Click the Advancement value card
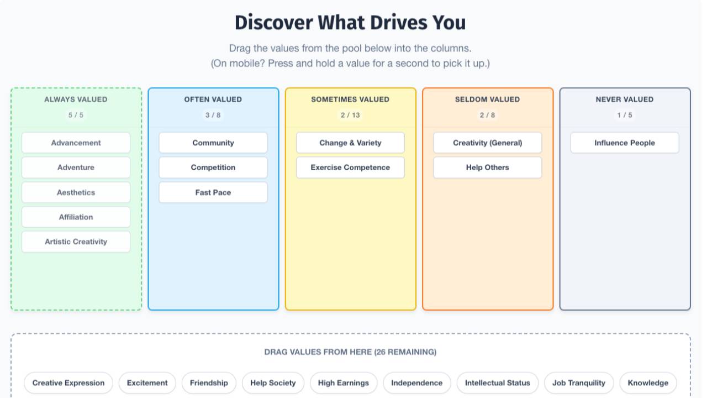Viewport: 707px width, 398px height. pos(76,143)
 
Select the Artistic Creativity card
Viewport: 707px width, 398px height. pos(76,242)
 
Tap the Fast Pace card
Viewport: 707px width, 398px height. pos(213,192)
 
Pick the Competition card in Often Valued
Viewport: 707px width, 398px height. pos(213,167)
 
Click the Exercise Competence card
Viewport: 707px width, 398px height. pos(350,167)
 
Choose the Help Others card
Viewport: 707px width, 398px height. pos(487,167)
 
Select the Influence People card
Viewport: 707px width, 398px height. pos(625,143)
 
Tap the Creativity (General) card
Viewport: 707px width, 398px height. pos(487,143)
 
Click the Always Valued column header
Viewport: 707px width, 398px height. pos(76,99)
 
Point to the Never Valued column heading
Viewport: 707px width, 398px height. pos(625,99)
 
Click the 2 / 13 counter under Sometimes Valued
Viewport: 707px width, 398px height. pos(350,115)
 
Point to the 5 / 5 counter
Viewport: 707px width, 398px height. pos(76,115)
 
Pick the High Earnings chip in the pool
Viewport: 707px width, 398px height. pos(344,383)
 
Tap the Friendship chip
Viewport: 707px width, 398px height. pos(209,383)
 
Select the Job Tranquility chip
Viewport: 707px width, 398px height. pos(579,383)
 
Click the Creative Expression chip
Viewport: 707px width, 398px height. pos(68,383)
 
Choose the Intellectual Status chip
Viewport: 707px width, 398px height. pos(497,383)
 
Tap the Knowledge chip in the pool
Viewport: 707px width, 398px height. pos(648,383)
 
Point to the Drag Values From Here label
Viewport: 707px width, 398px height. pos(350,352)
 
